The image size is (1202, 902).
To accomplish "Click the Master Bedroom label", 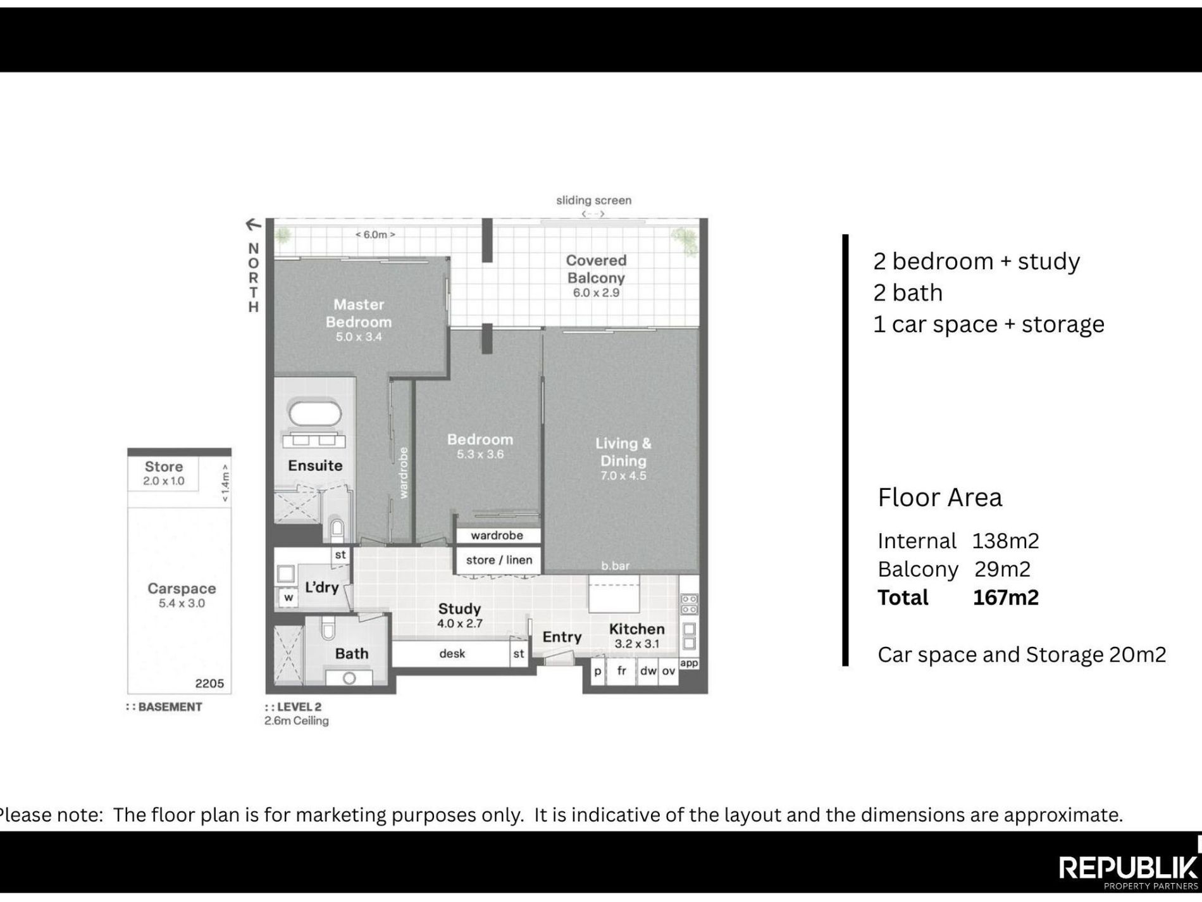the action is pos(359,313).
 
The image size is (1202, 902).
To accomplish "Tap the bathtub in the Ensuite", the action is pos(315,413).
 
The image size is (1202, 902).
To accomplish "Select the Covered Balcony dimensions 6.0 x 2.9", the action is pos(596,293).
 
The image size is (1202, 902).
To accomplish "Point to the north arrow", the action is pos(253,224).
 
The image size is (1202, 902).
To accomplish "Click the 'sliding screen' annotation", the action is pos(593,200).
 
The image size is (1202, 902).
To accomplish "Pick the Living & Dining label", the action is pos(623,452).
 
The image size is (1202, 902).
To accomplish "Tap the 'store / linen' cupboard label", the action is pos(499,560).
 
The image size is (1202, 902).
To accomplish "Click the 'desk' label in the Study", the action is pos(452,654).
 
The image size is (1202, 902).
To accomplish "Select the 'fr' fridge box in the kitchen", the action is pos(622,671).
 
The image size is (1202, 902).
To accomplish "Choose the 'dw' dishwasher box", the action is pos(648,671).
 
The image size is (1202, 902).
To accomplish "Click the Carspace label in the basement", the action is pos(182,589).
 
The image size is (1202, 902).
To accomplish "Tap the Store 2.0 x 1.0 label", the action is pos(164,473).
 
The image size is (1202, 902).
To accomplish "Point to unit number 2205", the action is pos(209,684).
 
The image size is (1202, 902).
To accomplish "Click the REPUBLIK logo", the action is pos(1128,868).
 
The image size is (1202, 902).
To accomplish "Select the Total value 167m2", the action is pos(1006,598).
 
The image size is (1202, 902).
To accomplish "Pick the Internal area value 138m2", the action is pos(1006,541).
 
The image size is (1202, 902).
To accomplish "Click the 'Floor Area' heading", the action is pos(940,498).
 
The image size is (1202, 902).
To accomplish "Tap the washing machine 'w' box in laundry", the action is pos(288,598).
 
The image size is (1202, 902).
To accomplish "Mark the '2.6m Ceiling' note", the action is pos(297,721).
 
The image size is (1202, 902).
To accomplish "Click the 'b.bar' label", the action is pos(616,566).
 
